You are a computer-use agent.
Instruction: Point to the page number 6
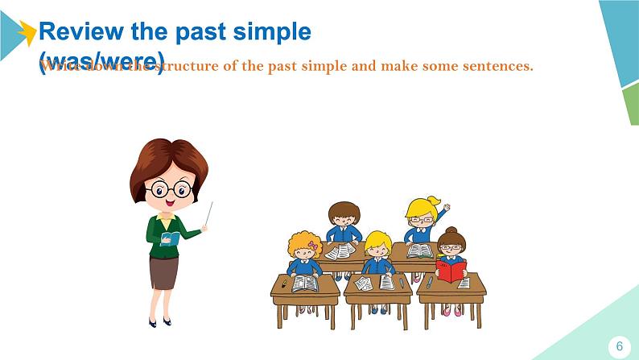click(619, 346)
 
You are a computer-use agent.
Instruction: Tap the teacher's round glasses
click(169, 190)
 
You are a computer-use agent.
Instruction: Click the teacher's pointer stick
click(209, 214)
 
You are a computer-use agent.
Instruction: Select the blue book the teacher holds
click(171, 238)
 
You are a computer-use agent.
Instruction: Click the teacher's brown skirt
click(163, 272)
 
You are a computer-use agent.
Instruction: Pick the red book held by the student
click(451, 270)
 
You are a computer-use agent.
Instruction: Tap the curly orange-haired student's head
click(305, 245)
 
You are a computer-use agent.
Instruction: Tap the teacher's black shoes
click(159, 321)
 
